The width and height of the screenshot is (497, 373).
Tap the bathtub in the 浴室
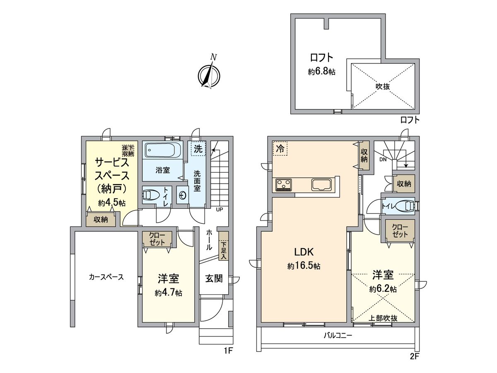[x=162, y=150]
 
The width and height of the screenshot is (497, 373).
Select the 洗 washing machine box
[x=198, y=149]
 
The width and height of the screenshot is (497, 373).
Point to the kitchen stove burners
[x=284, y=184]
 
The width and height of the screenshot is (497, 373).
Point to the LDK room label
[x=304, y=252]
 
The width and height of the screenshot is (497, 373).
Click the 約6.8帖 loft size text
[x=321, y=72]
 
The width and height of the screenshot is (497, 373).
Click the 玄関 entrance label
[x=214, y=279]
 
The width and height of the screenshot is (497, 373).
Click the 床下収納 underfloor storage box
[x=128, y=150]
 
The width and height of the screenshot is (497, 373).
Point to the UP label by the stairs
[x=219, y=209]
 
